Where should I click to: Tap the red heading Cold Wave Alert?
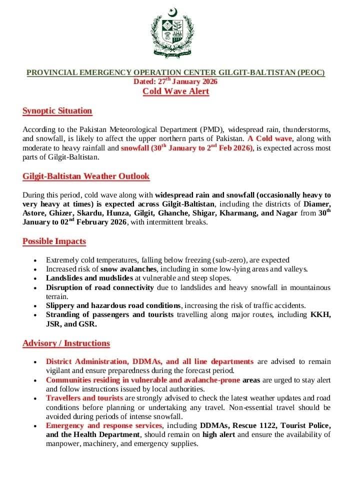coord(175,91)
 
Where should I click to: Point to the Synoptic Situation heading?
coord(57,111)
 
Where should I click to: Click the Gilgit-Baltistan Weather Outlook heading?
coord(86,176)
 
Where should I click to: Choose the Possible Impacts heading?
coord(54,241)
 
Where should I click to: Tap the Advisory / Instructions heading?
coord(66,343)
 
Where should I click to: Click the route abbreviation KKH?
coord(320,314)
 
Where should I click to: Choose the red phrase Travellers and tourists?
coord(84,398)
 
